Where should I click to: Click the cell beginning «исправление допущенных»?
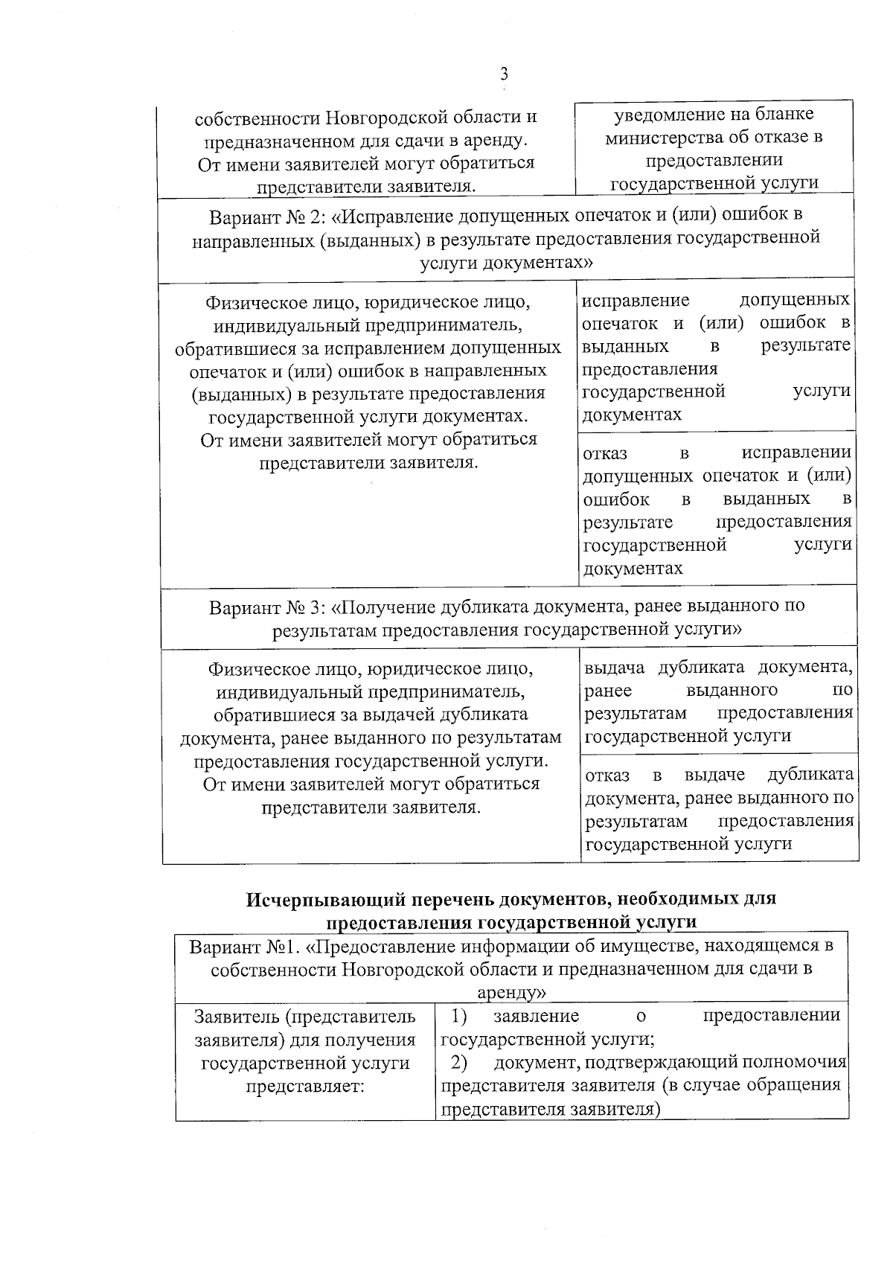click(x=715, y=357)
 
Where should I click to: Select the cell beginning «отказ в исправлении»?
click(x=717, y=511)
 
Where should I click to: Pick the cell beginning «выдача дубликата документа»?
click(x=718, y=701)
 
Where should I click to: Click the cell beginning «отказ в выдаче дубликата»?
click(x=719, y=809)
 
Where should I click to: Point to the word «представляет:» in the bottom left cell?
click(x=305, y=1086)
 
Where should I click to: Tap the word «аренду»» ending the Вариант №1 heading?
click(x=512, y=993)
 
